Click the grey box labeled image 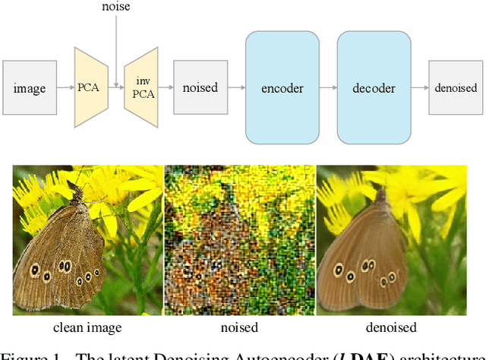coord(30,88)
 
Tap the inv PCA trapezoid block coord(140,87)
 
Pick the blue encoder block coord(282,88)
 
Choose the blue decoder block coord(374,88)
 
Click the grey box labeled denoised coord(456,88)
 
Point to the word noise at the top coord(115,7)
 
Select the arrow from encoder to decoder coord(327,88)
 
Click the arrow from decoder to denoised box coord(419,88)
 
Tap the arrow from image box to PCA coord(65,88)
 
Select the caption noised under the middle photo coord(239,328)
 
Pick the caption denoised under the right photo coord(390,328)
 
